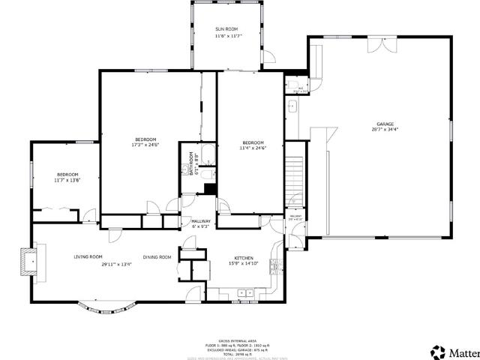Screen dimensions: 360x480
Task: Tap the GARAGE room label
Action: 385,124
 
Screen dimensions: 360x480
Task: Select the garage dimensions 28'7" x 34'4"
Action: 385,130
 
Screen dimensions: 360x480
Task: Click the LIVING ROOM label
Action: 88,257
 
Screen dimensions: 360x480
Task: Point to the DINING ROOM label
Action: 157,257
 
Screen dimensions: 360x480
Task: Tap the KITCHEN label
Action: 244,257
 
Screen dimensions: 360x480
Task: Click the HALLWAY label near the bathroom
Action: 200,221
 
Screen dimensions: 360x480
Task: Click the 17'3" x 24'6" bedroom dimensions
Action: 145,145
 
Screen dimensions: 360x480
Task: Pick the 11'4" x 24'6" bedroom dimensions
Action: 253,148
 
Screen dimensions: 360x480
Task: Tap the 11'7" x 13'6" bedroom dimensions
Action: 67,180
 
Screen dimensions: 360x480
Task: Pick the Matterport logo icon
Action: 436,352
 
